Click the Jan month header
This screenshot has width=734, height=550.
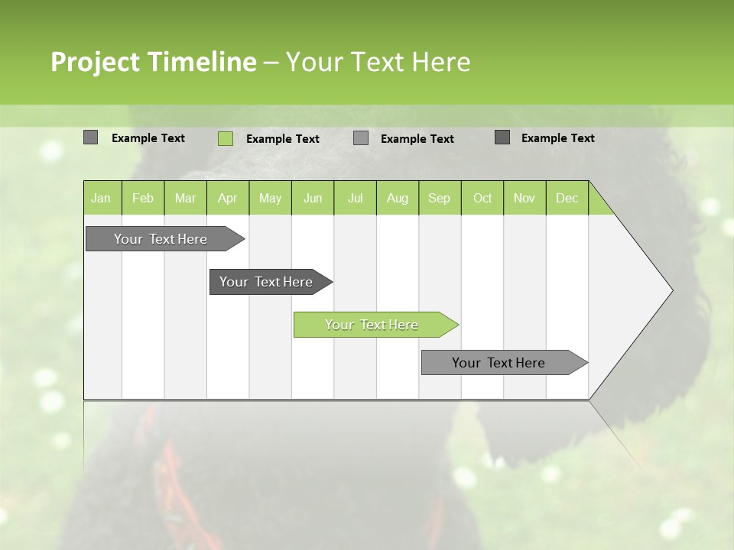[101, 199]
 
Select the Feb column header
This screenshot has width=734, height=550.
[143, 199]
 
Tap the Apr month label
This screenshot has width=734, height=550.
[227, 199]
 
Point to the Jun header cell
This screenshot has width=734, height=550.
[313, 199]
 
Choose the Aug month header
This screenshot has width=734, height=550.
[397, 199]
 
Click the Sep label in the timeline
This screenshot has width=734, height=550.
[439, 199]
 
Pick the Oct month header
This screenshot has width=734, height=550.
[482, 199]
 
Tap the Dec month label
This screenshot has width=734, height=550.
[567, 199]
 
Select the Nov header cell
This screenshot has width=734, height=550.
[524, 199]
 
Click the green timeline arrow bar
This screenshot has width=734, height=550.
[375, 325]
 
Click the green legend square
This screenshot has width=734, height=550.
[225, 138]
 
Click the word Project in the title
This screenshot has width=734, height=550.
[96, 62]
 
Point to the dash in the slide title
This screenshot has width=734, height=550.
[271, 63]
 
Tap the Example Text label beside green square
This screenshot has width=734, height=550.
[283, 139]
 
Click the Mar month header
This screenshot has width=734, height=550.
[185, 199]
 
